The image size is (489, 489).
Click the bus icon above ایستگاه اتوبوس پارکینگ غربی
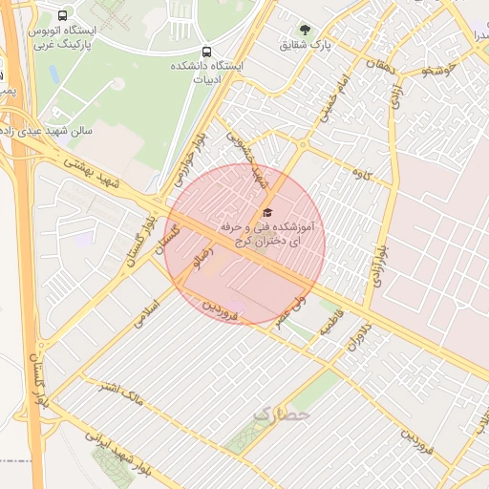(63, 16)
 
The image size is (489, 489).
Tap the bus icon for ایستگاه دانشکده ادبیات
(206, 51)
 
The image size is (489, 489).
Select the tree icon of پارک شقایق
(306, 30)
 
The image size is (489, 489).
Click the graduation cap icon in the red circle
(266, 212)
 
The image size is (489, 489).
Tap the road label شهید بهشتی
(92, 172)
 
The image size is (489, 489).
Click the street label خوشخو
(426, 70)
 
